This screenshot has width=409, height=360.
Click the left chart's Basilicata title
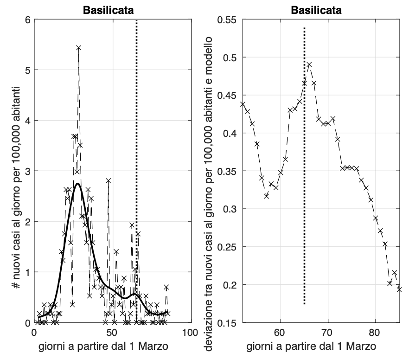pos(112,10)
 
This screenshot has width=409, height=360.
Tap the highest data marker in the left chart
pos(79,48)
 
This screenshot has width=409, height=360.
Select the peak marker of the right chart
pos(309,64)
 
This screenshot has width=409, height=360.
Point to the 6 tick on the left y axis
pos(27,20)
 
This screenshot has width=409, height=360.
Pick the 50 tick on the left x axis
pos(112,333)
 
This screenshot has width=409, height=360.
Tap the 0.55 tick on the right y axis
pos(226,20)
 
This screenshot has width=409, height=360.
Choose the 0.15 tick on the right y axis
pos(226,323)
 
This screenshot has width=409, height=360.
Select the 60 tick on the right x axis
pos(280,333)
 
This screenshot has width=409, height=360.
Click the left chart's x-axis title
pos(112,346)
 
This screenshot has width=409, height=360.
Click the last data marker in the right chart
pos(399,289)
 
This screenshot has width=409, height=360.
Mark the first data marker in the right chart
pos(243,104)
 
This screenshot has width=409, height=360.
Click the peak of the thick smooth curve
pos(78,184)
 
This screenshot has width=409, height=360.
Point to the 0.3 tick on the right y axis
pos(226,209)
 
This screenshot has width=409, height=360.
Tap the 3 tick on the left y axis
pos(27,171)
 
